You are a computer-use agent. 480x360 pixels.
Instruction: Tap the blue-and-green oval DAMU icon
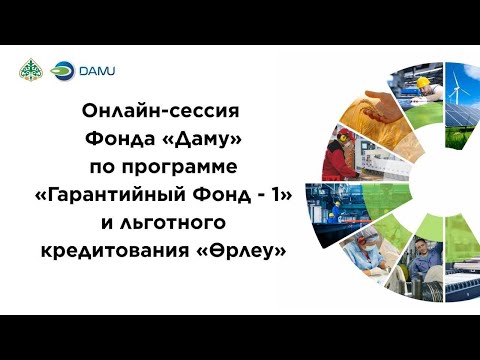(62, 71)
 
